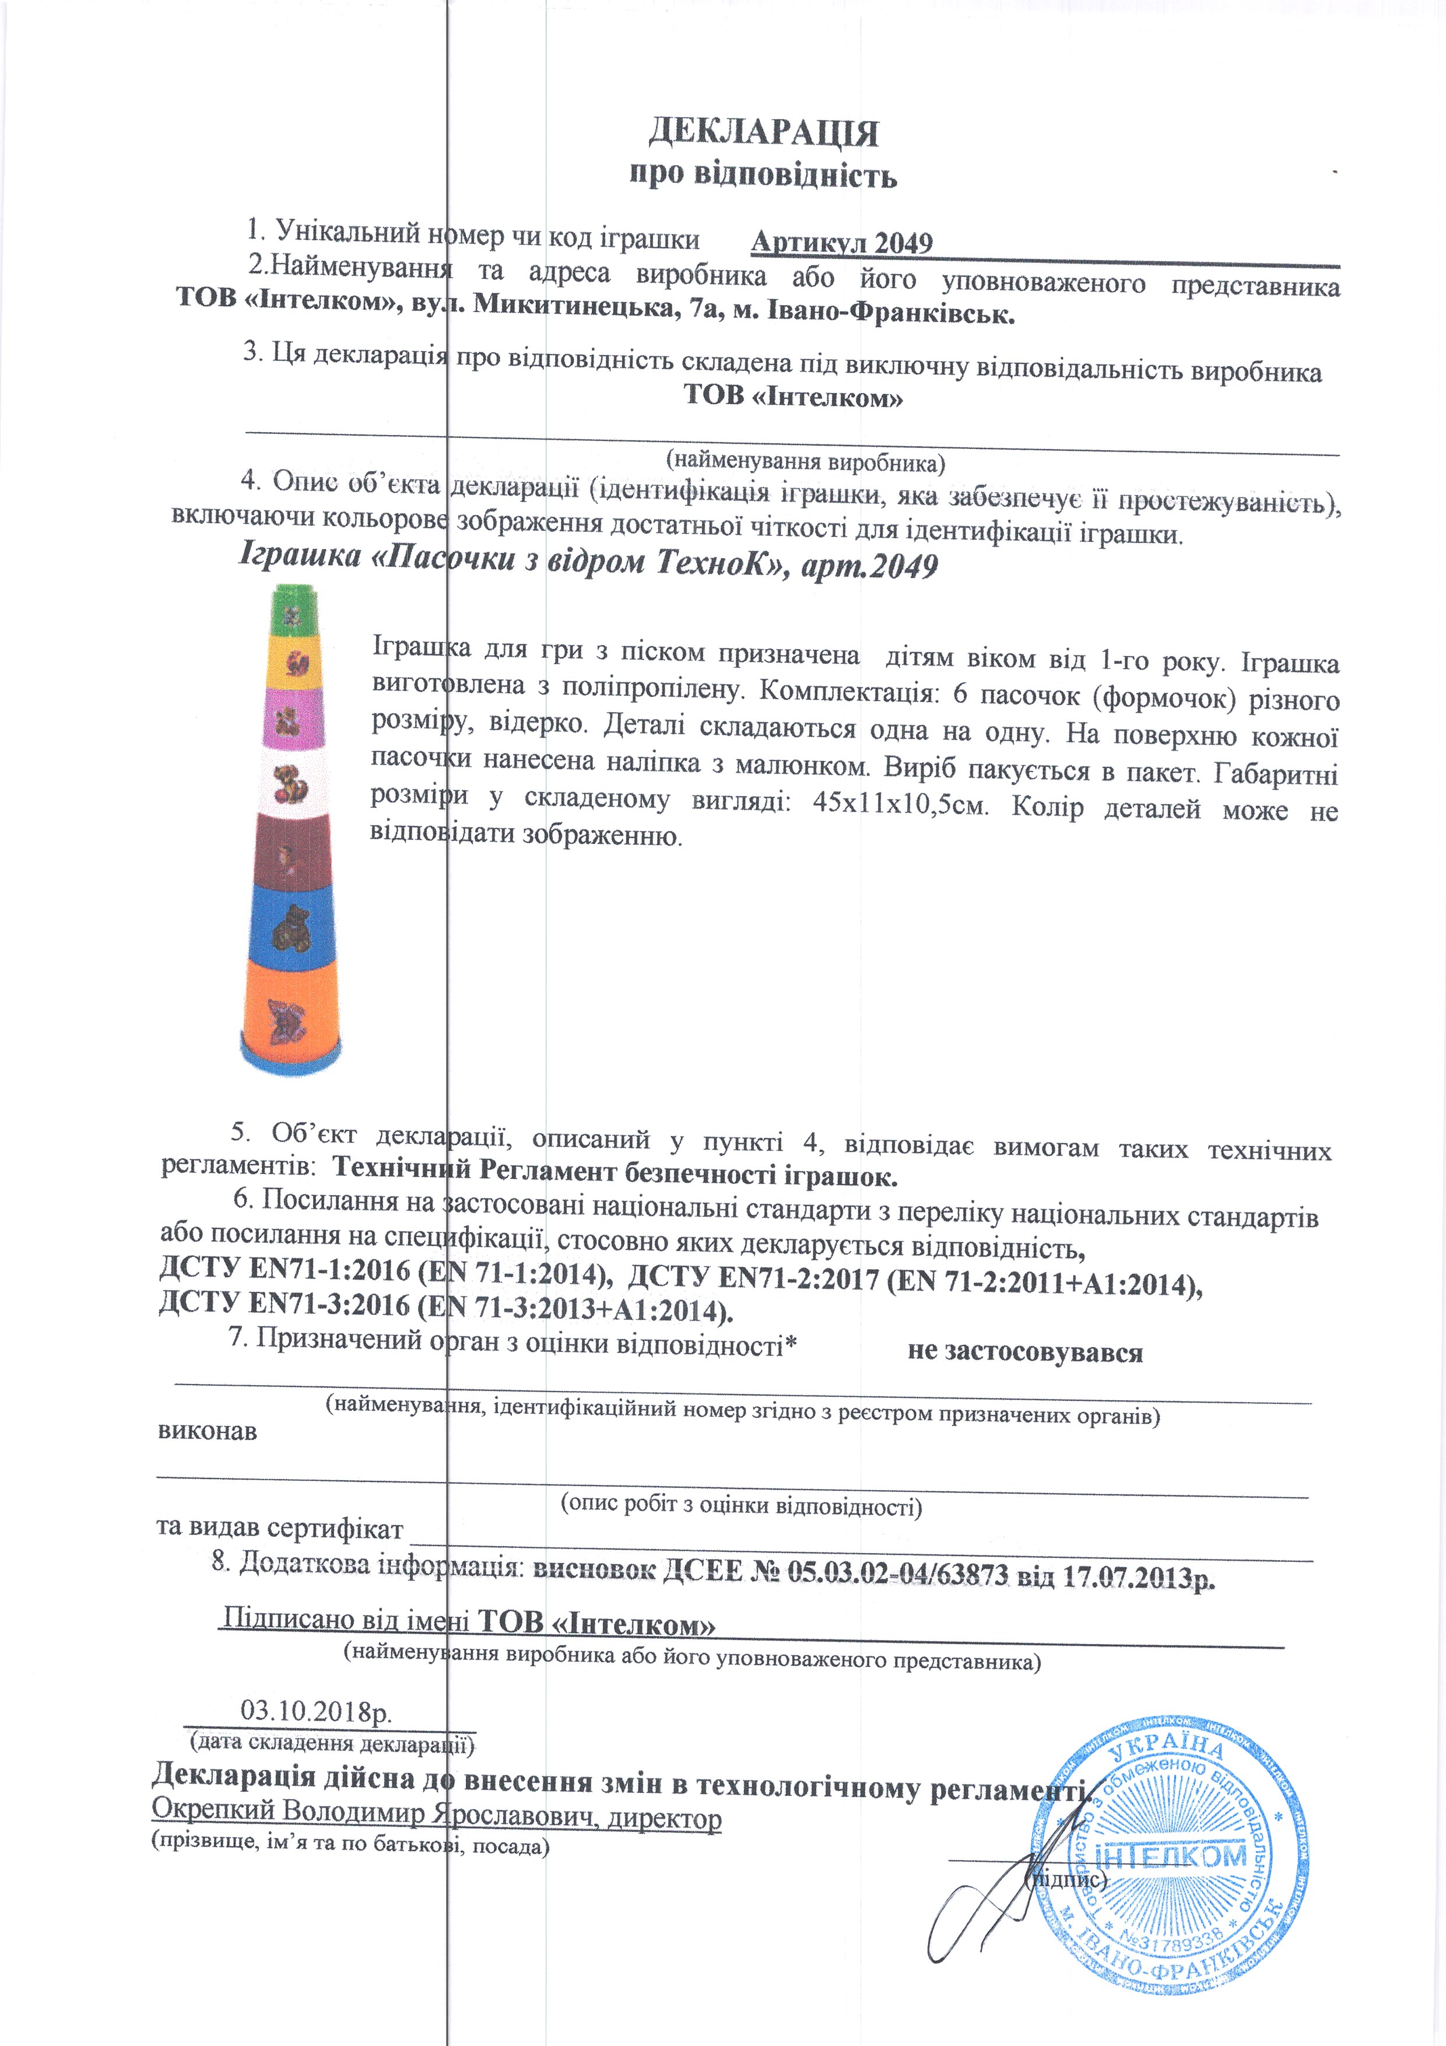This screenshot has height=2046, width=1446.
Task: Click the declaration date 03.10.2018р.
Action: click(316, 1710)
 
